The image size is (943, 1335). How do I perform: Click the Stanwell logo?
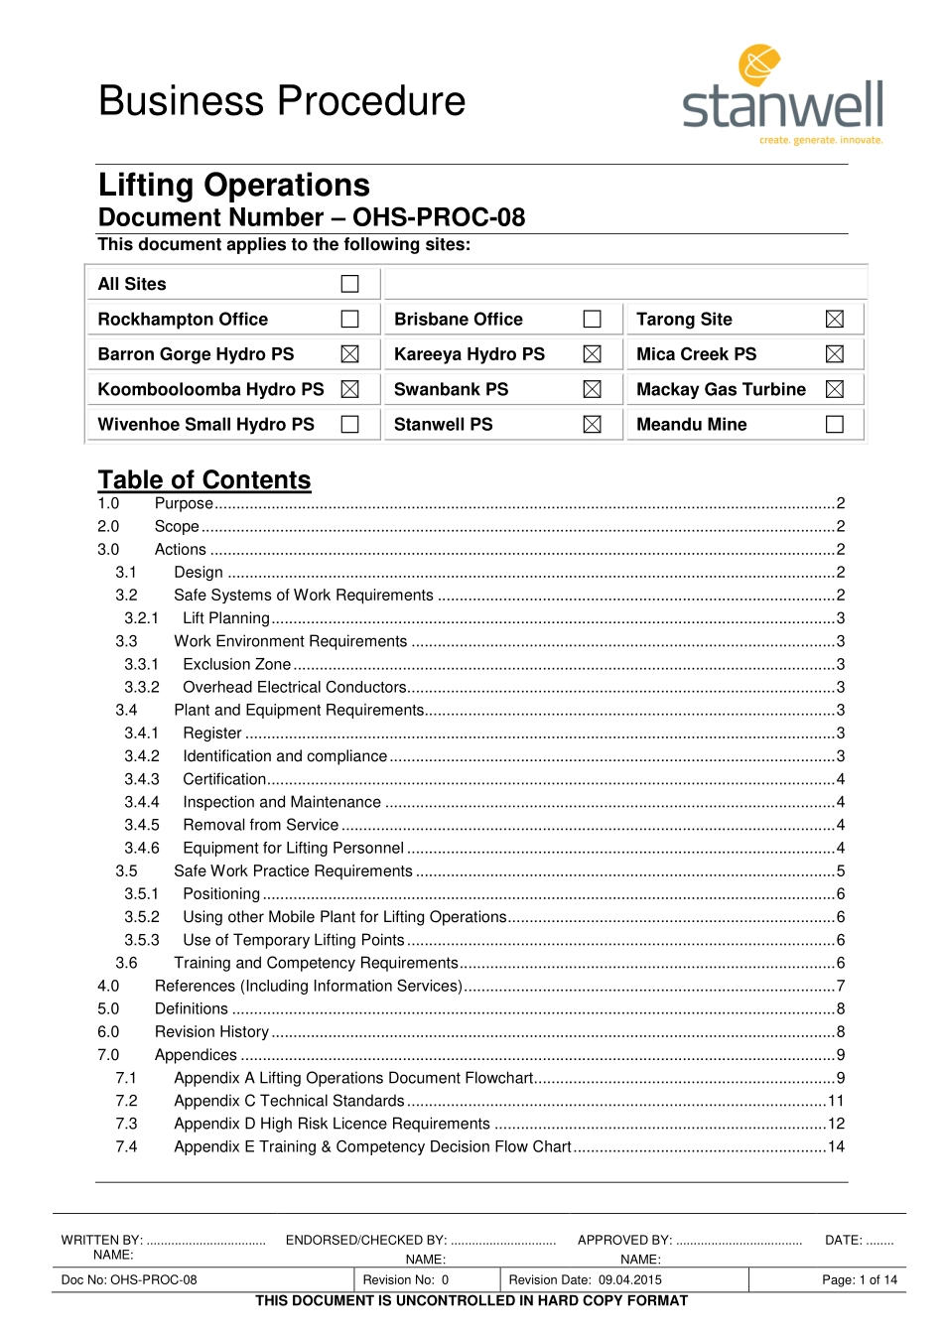pos(782,95)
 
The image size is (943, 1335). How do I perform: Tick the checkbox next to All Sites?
pos(349,284)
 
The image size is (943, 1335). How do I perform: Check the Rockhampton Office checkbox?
pos(349,319)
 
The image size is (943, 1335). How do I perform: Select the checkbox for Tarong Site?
pos(835,319)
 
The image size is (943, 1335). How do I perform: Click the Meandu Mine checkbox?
pos(835,424)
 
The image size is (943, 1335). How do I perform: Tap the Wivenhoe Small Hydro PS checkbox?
pos(349,424)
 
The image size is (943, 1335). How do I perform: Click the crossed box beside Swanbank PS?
pos(593,389)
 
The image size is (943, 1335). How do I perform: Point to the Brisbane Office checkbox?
pos(593,319)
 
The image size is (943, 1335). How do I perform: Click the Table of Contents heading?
pos(204,480)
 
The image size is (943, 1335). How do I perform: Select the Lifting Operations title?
pos(234,186)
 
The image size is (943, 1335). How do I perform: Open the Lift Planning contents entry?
pos(226,618)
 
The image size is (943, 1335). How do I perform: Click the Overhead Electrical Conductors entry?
pos(295,687)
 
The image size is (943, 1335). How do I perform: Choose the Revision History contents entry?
pos(211,1031)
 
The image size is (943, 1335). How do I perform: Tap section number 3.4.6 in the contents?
pos(142,848)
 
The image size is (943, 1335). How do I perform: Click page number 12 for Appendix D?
pos(836,1124)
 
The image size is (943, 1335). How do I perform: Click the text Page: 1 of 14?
pos(859,1279)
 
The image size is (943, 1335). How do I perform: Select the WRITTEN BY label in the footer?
pos(102,1240)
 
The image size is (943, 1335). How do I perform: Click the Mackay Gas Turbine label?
pos(721,389)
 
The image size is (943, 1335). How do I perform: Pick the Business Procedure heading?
pos(282,101)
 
